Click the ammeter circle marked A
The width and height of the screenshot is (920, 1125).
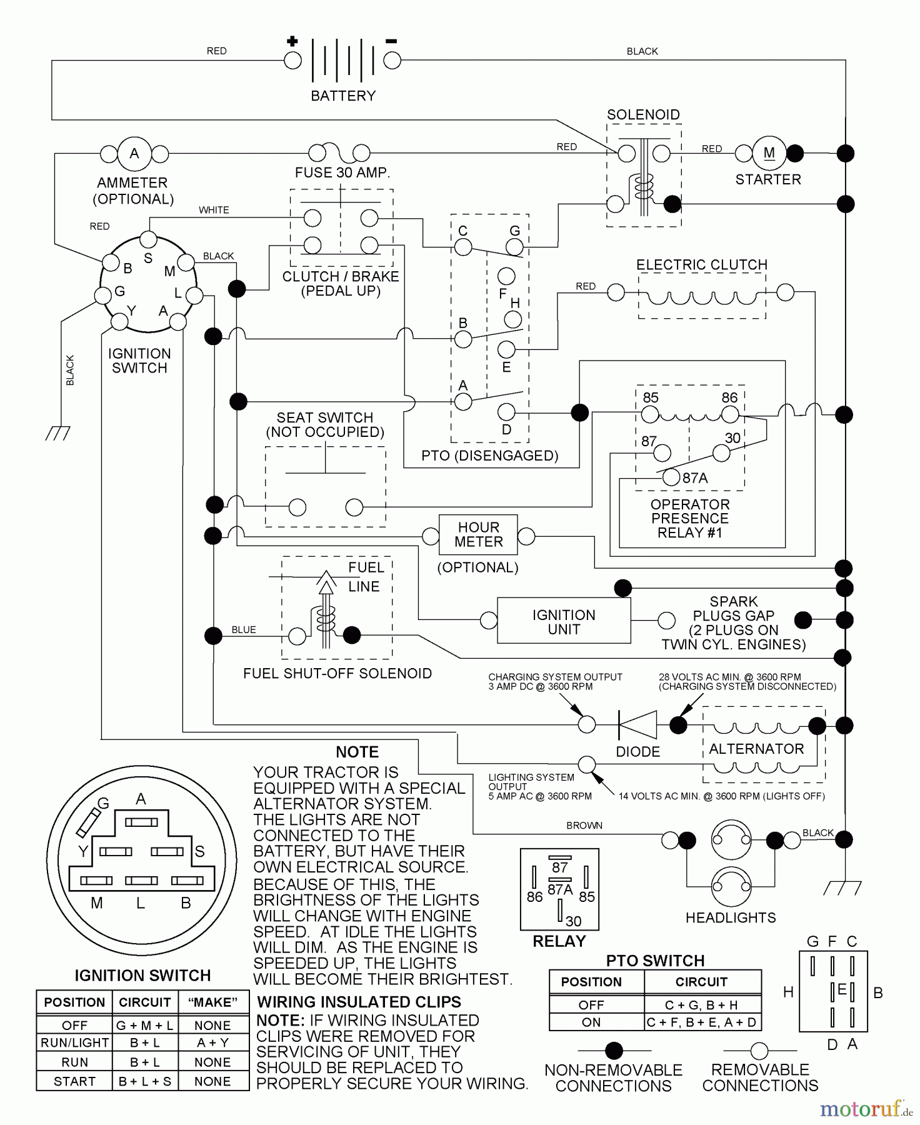tap(134, 154)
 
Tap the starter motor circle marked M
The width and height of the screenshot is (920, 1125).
tap(769, 153)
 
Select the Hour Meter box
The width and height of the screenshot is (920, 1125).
tap(478, 534)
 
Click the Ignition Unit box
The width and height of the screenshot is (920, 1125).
tap(564, 621)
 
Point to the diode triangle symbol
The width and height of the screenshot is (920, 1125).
tap(637, 725)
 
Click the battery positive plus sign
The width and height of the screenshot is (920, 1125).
tap(292, 42)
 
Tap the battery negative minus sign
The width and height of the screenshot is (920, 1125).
tap(391, 41)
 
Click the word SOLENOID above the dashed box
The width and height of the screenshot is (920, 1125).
tap(643, 114)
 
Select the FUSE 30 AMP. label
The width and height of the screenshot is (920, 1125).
tap(342, 172)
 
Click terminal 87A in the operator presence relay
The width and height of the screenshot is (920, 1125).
tap(671, 477)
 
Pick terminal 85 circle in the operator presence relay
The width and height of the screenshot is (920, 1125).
tap(650, 414)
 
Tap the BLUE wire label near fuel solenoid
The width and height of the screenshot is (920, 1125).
tap(244, 629)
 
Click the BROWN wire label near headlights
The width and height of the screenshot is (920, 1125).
tap(584, 826)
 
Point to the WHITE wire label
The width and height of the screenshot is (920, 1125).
tap(214, 210)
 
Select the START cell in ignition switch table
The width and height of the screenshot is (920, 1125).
tap(74, 1081)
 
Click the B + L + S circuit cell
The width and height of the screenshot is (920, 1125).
tap(144, 1081)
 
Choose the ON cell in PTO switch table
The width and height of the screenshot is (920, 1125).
tap(591, 1022)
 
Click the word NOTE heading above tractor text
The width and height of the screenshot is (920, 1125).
tap(357, 752)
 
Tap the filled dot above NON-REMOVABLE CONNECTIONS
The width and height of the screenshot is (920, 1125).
tap(614, 1051)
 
